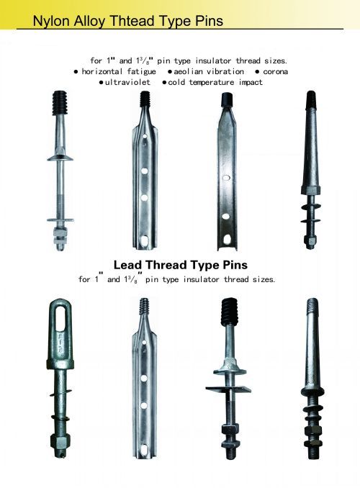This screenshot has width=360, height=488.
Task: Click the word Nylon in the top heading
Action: point(52,21)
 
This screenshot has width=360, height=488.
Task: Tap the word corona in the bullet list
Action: point(275,71)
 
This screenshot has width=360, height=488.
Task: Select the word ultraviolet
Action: point(127,82)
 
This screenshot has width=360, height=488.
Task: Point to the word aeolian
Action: point(189,71)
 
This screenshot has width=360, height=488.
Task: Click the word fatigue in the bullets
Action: point(141,72)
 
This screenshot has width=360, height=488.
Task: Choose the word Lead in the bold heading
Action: point(127,265)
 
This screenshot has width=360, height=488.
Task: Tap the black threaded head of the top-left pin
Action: point(60,103)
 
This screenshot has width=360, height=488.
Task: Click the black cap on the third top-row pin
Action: point(227,100)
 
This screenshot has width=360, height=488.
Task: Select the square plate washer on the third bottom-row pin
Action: point(228,389)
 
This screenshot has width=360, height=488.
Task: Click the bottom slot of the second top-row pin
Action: point(145,240)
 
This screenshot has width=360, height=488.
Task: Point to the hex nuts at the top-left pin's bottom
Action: point(60,236)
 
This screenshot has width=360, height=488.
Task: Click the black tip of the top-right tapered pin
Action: point(311,99)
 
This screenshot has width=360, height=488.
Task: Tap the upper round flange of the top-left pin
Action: point(60,158)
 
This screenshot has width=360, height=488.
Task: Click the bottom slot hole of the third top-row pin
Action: point(228,240)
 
